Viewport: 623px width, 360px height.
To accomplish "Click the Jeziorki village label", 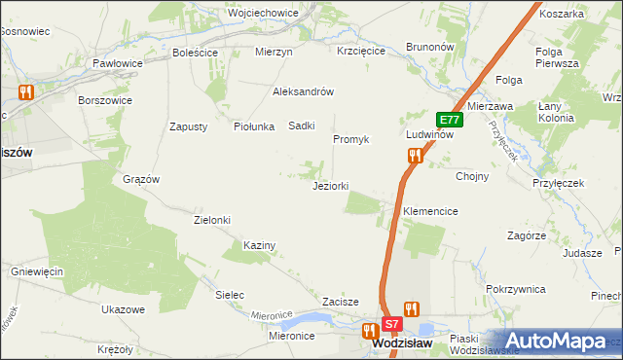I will click(x=330, y=186).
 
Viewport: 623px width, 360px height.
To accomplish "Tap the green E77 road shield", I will click(x=449, y=120).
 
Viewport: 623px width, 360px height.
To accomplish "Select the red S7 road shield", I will click(x=391, y=324).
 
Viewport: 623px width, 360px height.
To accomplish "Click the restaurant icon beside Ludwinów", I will click(x=416, y=155).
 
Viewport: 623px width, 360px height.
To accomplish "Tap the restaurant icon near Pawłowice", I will click(x=25, y=92).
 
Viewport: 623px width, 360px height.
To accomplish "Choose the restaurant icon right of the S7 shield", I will click(x=412, y=309).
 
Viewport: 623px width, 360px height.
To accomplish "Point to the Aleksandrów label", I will click(x=303, y=91).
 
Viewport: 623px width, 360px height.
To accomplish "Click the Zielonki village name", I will click(x=212, y=220).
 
